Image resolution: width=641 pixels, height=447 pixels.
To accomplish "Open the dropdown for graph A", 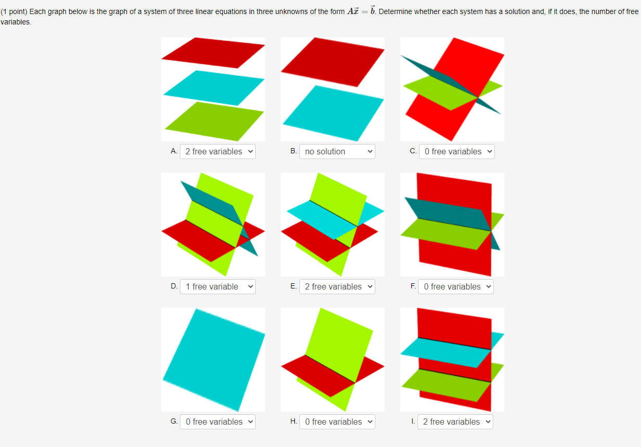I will [217, 151].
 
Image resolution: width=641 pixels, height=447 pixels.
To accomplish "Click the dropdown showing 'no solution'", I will [337, 151].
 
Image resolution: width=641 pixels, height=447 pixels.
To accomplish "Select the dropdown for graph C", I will [456, 151].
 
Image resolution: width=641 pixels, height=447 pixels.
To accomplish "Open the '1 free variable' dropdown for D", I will [217, 286].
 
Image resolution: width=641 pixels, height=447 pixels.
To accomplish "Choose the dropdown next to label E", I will [337, 286].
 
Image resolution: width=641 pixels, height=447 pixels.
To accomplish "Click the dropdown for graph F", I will [455, 286].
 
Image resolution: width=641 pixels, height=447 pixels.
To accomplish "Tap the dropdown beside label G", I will [217, 422].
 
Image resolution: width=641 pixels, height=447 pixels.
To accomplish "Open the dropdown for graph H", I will [337, 422].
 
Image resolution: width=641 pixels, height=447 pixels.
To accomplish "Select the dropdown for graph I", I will [455, 422].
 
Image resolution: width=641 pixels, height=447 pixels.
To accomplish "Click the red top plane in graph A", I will [213, 52].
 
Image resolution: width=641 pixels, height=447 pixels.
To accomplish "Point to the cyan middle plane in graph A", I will [213, 87].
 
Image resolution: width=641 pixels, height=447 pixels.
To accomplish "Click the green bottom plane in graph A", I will [213, 121].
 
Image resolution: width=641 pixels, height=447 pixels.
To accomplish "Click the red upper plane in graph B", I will [333, 61].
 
